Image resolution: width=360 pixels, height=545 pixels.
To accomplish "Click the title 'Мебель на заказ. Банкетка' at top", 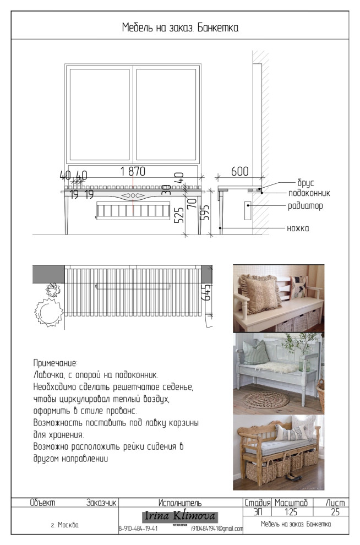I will (180, 28).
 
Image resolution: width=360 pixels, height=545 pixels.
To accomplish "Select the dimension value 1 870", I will (132, 172).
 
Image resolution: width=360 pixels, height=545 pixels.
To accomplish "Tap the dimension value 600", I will (239, 172).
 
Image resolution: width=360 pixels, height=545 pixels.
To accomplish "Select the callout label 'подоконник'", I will (309, 194).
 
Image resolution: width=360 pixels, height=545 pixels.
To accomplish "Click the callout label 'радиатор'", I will (304, 206).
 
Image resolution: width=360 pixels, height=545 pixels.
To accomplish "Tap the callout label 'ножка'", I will (298, 228).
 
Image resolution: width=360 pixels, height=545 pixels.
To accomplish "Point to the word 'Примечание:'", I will (56, 364).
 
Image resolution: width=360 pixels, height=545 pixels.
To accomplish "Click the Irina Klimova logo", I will (180, 517).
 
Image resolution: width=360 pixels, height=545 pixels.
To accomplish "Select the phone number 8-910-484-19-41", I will (138, 529).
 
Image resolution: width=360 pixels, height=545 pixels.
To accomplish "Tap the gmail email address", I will (217, 529).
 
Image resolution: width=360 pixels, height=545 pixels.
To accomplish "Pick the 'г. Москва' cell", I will (64, 525).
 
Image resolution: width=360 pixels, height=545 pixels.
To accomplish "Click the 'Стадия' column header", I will (258, 503).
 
